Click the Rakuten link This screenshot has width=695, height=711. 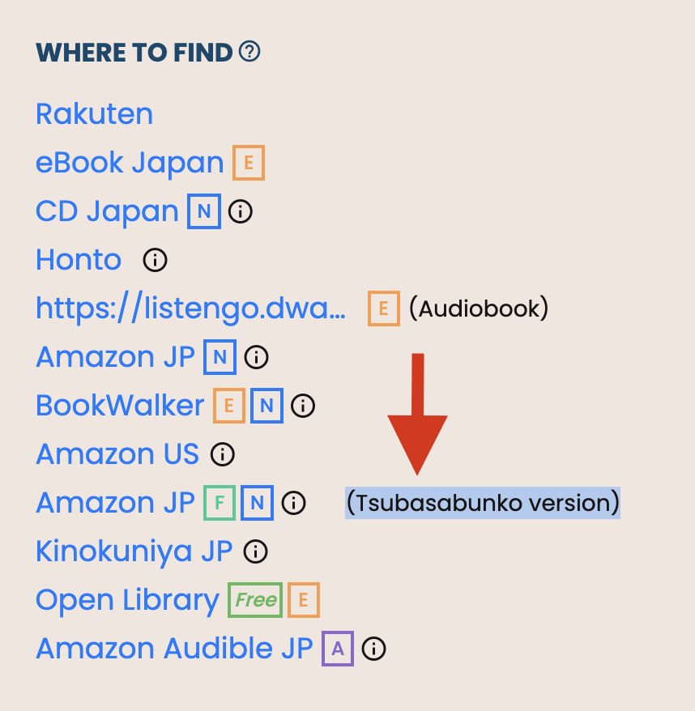pos(94,114)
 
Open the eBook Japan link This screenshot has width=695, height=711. pos(130,163)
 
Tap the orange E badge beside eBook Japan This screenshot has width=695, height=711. pos(249,163)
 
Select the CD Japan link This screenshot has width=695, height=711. pos(107,211)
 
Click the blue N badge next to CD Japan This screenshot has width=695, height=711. pos(204,211)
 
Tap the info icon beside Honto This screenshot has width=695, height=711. pos(155,260)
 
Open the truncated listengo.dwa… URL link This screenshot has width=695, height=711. pos(190,309)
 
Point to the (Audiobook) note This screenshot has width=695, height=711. pos(479,309)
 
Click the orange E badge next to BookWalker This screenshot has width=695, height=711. pos(229,406)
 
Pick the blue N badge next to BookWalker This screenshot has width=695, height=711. pos(266,406)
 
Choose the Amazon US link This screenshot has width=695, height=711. pos(117,454)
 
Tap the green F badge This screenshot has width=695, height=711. pos(220,503)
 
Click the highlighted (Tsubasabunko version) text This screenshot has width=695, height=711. pos(483,503)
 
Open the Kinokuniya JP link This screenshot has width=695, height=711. pos(134,551)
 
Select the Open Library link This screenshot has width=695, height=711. pos(127,600)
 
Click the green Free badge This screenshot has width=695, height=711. pos(255,600)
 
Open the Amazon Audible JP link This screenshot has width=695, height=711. pos(174,649)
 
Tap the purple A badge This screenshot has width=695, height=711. pos(338,649)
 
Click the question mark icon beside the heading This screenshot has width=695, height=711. pos(249,53)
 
